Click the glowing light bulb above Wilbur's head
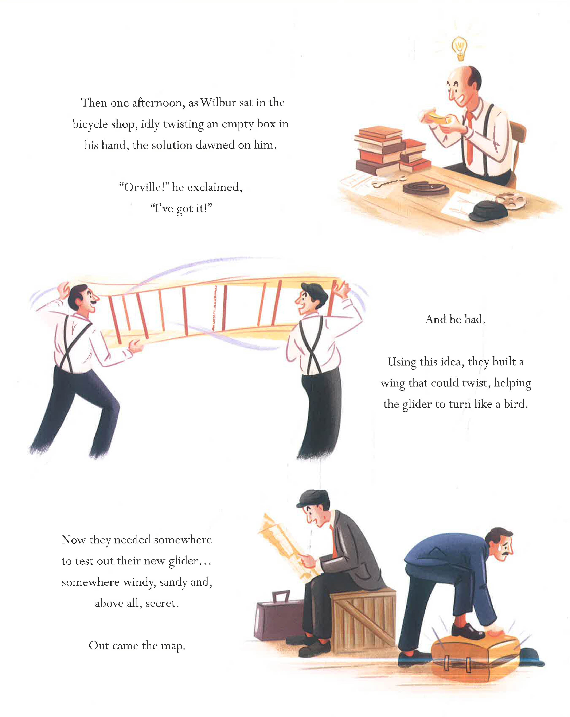coord(460,48)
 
